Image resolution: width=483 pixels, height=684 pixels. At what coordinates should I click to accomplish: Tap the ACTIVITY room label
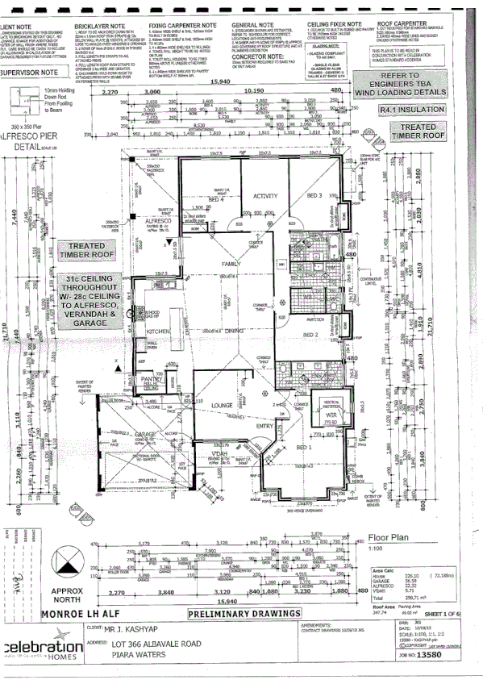coord(265,196)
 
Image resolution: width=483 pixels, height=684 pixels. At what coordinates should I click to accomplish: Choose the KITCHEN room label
coord(156,332)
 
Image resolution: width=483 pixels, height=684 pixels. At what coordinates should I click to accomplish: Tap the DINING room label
coord(235,332)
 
